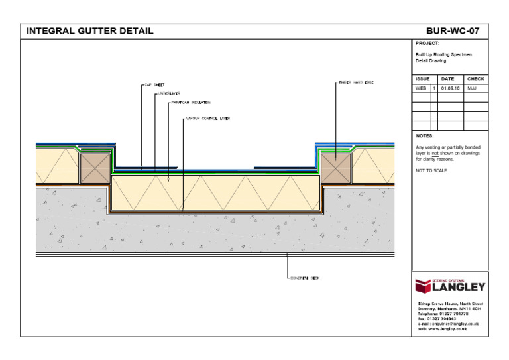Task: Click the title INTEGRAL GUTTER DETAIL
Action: click(89, 30)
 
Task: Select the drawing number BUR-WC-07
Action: click(453, 30)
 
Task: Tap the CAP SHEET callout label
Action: click(154, 85)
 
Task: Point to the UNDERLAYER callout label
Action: click(169, 94)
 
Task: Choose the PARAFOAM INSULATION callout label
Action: click(191, 103)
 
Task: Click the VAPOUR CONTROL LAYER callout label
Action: click(208, 119)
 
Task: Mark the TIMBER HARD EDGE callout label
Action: click(356, 82)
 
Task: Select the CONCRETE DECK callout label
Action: click(305, 278)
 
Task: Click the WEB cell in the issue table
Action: click(421, 88)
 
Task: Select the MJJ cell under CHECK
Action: click(472, 88)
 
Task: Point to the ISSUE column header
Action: click(422, 79)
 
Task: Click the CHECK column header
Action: click(475, 79)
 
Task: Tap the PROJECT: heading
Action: click(427, 43)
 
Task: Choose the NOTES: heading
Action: click(424, 135)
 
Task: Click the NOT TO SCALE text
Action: click(431, 171)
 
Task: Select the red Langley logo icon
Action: click(423, 286)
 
